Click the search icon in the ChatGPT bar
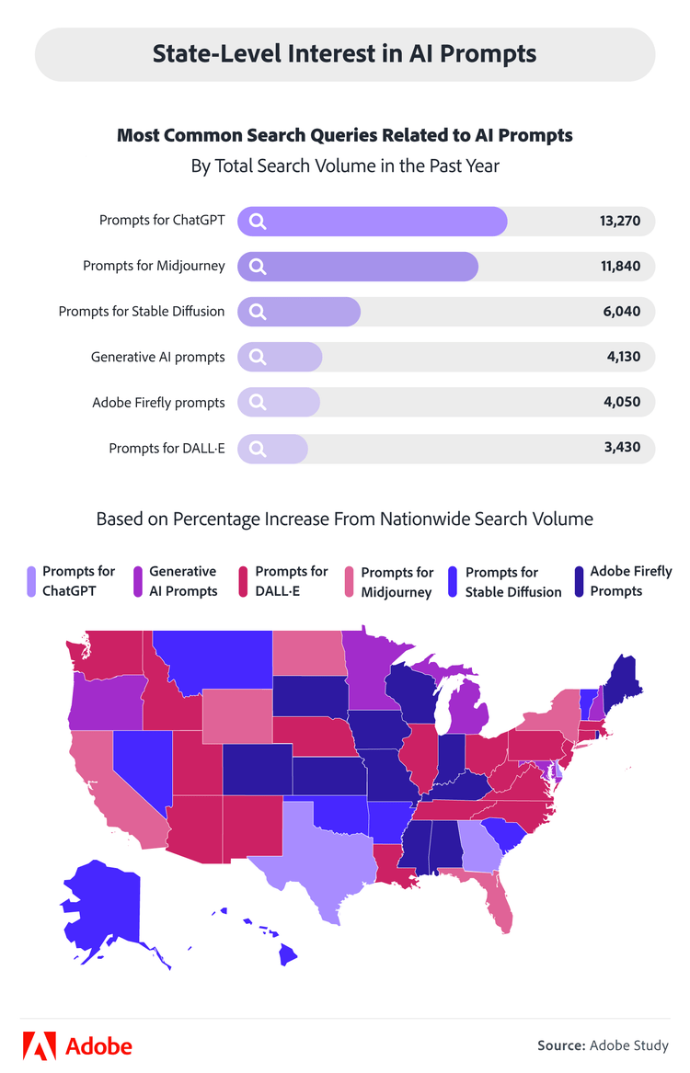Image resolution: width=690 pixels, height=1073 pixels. pos(258,222)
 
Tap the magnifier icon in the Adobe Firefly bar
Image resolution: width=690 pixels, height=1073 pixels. pos(258,403)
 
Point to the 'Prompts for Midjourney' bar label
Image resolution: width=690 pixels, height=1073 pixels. pos(154,267)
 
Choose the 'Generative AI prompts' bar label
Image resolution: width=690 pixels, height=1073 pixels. pos(157,357)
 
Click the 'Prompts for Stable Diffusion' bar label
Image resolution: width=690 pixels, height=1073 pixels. pos(142,312)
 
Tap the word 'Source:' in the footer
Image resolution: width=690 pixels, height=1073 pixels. pos(561,1045)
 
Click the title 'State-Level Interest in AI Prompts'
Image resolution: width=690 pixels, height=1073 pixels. pos(344,53)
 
